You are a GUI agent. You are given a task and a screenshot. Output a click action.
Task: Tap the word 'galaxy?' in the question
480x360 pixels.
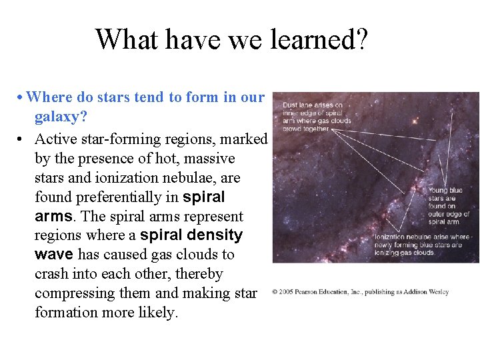point(60,117)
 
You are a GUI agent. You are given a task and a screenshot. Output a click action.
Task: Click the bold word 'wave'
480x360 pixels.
point(53,255)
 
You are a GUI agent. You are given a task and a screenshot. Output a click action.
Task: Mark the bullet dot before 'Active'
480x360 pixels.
point(22,139)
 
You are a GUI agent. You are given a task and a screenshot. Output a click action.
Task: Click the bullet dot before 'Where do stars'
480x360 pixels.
point(21,98)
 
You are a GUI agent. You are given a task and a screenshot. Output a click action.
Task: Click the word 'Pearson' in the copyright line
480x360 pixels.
point(311,292)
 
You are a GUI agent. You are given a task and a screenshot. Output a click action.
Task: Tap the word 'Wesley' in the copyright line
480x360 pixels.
point(437,292)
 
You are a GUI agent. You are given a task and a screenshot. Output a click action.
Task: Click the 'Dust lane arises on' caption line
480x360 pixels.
point(313,105)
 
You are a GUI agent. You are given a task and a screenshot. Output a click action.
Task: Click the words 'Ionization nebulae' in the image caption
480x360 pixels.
point(401,237)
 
